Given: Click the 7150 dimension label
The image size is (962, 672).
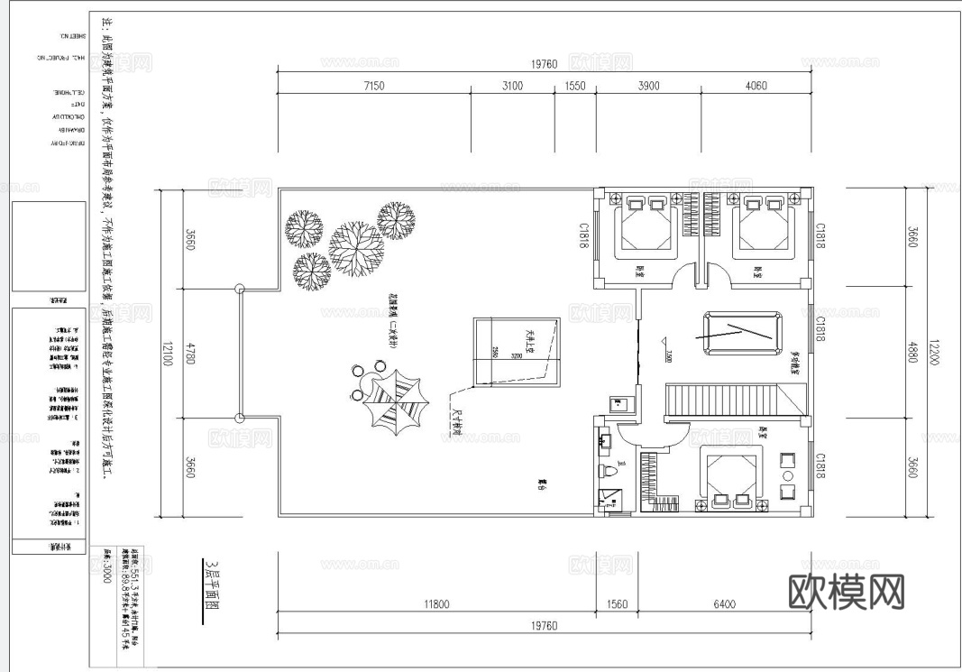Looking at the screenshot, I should [374, 87].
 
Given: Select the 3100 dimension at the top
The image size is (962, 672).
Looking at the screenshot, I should [511, 87].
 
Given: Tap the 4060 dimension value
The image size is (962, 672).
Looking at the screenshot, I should [756, 87].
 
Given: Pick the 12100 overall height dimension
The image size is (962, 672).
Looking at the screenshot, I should [167, 352].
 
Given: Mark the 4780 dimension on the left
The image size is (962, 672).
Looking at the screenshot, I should [189, 353].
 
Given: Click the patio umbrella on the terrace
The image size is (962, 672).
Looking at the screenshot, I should [394, 401].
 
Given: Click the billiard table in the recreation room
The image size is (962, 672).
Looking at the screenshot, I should [741, 336].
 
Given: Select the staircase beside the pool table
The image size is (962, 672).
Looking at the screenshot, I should [735, 401].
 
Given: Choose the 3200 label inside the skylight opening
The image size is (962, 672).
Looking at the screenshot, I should [516, 355].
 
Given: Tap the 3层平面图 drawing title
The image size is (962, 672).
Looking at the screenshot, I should [214, 591].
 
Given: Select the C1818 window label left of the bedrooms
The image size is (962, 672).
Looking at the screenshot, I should [584, 234].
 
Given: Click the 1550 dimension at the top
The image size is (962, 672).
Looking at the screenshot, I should [575, 87].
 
